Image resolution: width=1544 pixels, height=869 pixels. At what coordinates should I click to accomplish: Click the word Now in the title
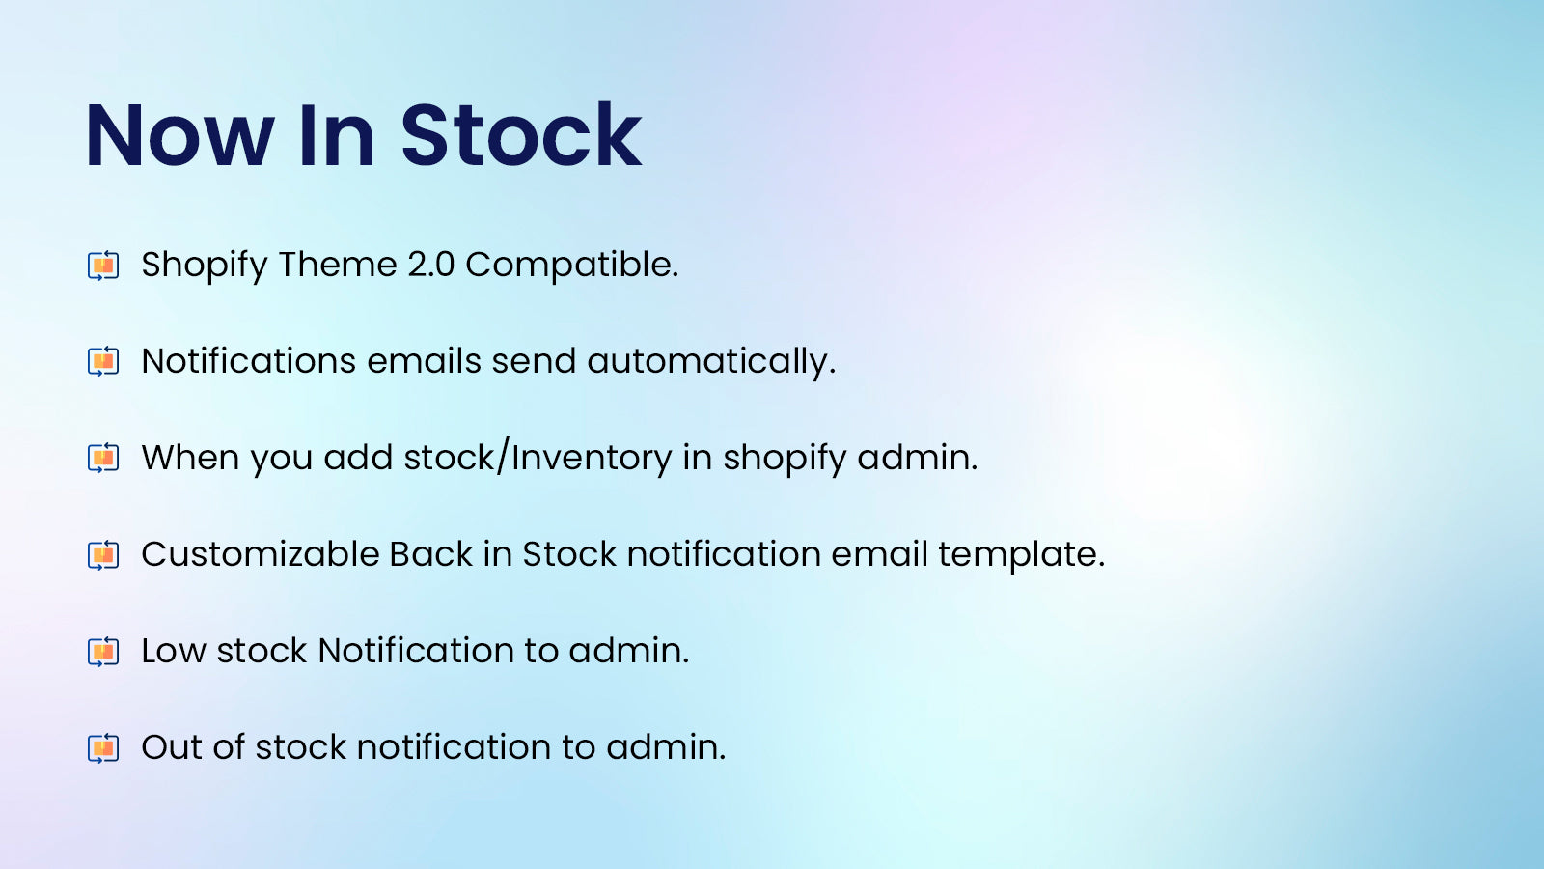click(x=179, y=136)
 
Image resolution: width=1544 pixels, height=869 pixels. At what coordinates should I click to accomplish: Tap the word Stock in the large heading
click(x=521, y=136)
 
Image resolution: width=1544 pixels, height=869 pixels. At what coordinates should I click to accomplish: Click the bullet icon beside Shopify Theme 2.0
click(x=103, y=265)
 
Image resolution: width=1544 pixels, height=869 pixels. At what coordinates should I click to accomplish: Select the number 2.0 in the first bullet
click(x=430, y=265)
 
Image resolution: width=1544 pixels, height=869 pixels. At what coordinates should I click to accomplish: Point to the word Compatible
click(x=571, y=265)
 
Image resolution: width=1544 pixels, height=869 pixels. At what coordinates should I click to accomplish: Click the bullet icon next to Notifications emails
click(x=103, y=361)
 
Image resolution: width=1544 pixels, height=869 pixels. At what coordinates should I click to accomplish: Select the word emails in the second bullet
click(x=424, y=361)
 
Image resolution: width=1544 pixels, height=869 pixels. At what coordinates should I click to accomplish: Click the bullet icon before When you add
click(x=103, y=458)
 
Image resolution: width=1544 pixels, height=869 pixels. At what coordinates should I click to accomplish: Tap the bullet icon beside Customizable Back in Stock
click(x=103, y=554)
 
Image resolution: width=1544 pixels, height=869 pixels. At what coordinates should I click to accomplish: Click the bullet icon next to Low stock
click(x=103, y=651)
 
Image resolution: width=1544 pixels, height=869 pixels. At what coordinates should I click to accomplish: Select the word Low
click(x=173, y=651)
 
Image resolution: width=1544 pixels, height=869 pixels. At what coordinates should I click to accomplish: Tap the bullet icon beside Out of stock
click(x=103, y=747)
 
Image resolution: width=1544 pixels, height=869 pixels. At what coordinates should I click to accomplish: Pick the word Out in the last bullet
click(x=172, y=747)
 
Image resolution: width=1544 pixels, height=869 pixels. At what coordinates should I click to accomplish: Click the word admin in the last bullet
click(x=665, y=747)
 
